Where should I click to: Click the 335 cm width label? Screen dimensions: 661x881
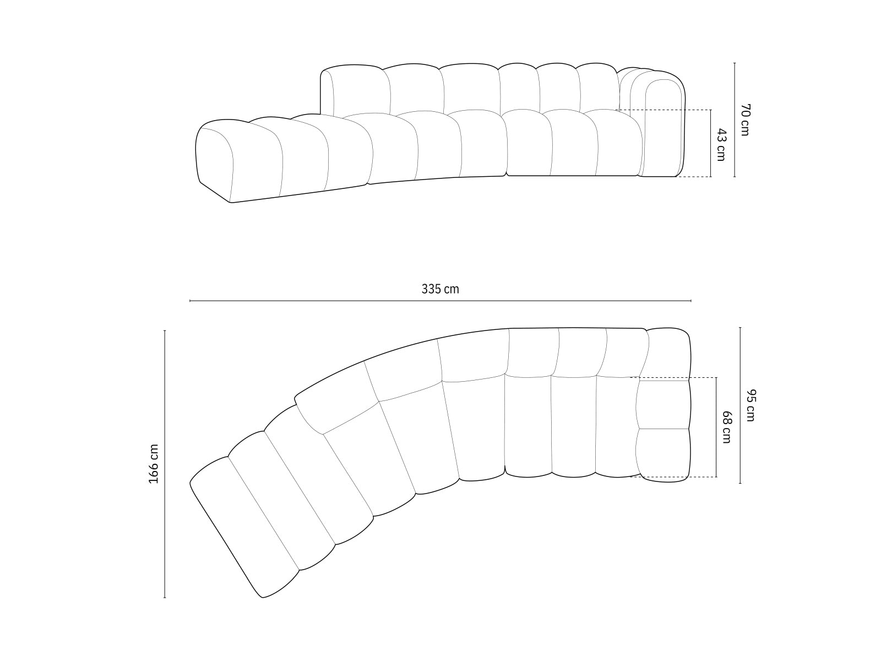pyautogui.click(x=440, y=289)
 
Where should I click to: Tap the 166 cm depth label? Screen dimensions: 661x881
pyautogui.click(x=154, y=464)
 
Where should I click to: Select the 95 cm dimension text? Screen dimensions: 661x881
pyautogui.click(x=751, y=405)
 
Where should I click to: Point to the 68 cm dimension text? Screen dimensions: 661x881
pyautogui.click(x=726, y=427)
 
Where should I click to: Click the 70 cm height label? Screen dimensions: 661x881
pyautogui.click(x=744, y=120)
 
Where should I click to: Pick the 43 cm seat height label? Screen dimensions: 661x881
pyautogui.click(x=721, y=144)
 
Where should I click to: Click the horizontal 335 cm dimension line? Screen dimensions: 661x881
pyautogui.click(x=440, y=301)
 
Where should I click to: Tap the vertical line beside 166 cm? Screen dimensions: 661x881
pyautogui.click(x=165, y=464)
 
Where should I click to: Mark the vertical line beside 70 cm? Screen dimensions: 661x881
pyautogui.click(x=735, y=120)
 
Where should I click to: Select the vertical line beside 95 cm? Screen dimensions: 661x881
pyautogui.click(x=740, y=405)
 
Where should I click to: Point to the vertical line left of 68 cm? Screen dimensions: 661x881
pyautogui.click(x=716, y=427)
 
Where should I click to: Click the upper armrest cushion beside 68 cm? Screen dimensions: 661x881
pyautogui.click(x=663, y=404)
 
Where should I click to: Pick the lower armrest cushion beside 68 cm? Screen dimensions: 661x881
pyautogui.click(x=663, y=453)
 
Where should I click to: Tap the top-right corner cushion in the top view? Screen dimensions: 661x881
pyautogui.click(x=668, y=353)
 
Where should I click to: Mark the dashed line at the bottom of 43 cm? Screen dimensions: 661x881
pyautogui.click(x=694, y=177)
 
